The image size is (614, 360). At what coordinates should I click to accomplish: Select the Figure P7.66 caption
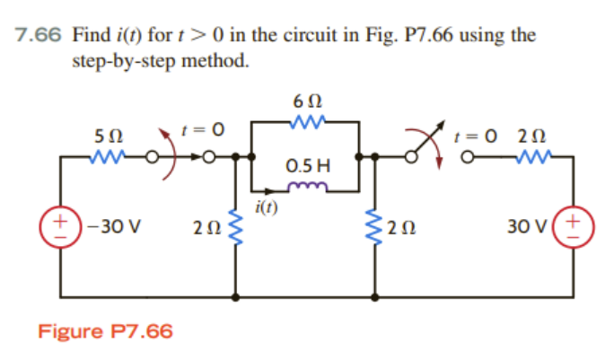click(x=105, y=331)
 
